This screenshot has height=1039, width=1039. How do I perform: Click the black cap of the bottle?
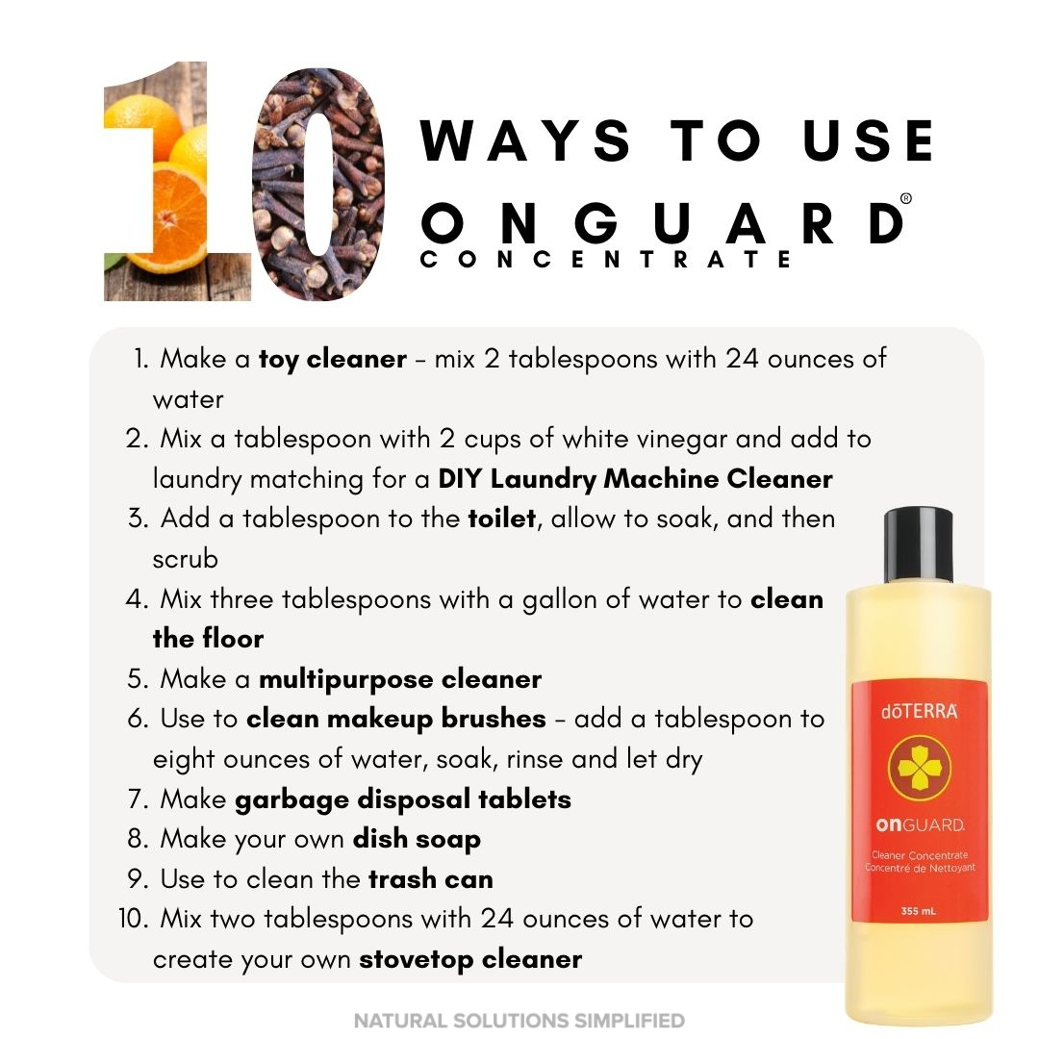(919, 545)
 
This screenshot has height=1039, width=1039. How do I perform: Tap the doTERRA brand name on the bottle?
(919, 711)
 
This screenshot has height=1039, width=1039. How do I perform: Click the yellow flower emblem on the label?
(919, 769)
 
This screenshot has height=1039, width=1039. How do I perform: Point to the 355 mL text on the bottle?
(919, 911)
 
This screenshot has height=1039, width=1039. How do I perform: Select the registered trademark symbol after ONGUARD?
(906, 198)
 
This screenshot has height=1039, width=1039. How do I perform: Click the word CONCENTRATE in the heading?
(606, 259)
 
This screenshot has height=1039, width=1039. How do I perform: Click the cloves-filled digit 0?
(318, 184)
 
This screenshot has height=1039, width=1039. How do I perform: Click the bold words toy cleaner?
(333, 359)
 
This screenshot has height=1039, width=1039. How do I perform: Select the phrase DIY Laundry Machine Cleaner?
(635, 478)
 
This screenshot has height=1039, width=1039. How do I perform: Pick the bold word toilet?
(501, 519)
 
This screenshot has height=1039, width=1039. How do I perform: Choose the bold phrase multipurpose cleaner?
(400, 679)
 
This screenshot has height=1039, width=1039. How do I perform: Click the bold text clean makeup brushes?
(396, 719)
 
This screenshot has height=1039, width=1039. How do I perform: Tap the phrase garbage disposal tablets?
(403, 799)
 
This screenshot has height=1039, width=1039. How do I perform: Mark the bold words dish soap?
(417, 839)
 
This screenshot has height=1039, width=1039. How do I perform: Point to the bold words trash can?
(431, 879)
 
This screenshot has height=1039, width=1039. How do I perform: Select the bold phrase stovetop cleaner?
(470, 959)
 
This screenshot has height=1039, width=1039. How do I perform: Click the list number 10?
(133, 919)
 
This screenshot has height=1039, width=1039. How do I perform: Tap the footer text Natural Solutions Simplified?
(519, 1021)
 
